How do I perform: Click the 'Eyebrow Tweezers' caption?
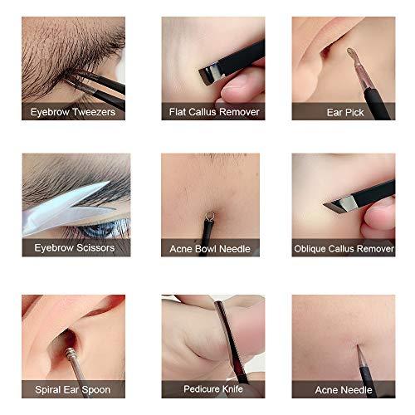(x=73, y=111)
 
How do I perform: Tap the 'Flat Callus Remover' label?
(x=210, y=111)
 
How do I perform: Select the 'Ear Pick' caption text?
(x=342, y=111)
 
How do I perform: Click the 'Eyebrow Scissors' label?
(x=73, y=247)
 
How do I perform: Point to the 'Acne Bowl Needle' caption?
(x=210, y=247)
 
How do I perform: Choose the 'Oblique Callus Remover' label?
(x=342, y=247)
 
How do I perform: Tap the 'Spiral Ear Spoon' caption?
(x=73, y=388)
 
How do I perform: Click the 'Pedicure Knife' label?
(x=210, y=388)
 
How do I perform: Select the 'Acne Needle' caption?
(x=342, y=388)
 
